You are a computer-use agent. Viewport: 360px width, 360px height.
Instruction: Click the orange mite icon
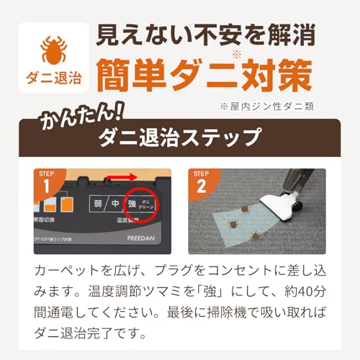54,49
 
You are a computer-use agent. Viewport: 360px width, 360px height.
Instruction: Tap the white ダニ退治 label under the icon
54,77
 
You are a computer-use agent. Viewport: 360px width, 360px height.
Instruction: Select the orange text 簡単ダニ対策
204,74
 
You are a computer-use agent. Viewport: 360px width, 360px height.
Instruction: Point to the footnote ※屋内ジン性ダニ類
268,105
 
